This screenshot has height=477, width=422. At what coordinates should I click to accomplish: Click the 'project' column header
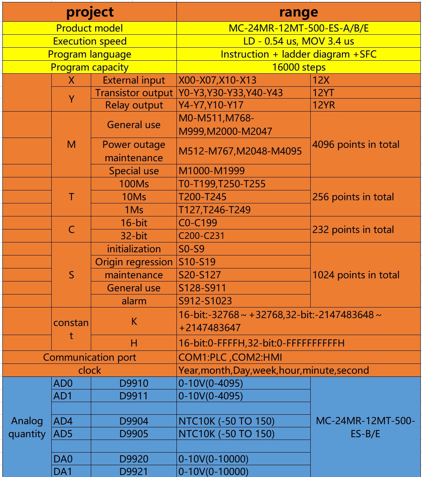(90, 12)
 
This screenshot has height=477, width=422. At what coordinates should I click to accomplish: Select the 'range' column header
(298, 12)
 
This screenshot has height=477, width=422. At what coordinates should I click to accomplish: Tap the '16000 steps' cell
(298, 67)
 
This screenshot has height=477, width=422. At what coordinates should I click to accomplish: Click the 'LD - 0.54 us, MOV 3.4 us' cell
(298, 41)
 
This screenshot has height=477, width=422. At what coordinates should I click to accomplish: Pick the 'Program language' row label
(90, 54)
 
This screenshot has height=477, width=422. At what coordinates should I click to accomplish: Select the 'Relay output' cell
(134, 105)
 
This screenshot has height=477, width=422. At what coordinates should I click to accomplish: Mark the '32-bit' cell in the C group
(134, 236)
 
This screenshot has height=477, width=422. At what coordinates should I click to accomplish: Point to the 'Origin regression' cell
(134, 262)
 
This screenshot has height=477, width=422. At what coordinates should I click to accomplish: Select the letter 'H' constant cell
(134, 343)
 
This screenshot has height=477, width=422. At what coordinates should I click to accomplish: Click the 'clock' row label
(90, 370)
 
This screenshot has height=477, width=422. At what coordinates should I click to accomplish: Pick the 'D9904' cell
(134, 421)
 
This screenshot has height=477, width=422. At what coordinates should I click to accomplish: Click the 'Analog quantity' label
(27, 427)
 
